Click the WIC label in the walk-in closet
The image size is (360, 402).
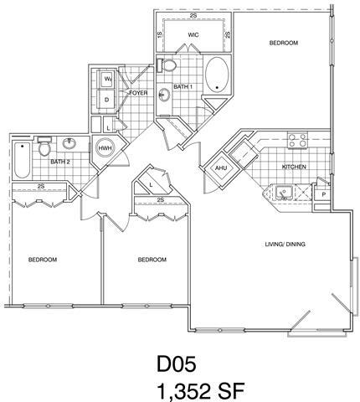tap(193, 35)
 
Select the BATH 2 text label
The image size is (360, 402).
tap(58, 161)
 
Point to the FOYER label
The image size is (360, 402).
tap(140, 93)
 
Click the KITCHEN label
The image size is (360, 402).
tap(293, 167)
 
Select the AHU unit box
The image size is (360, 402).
tap(221, 167)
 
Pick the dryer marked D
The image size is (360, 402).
tap(108, 100)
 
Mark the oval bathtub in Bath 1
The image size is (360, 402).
tap(219, 75)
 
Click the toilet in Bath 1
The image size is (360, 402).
tap(168, 65)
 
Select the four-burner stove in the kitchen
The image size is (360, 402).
tap(296, 141)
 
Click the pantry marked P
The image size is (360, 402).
tap(324, 194)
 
